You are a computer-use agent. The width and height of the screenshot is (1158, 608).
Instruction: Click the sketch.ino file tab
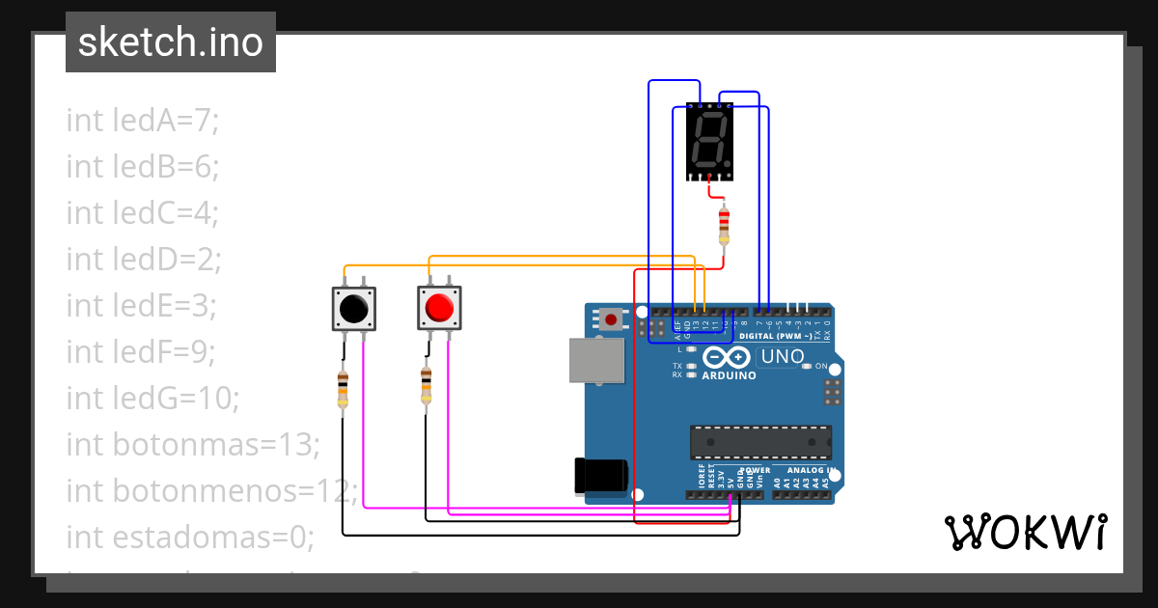pos(171,42)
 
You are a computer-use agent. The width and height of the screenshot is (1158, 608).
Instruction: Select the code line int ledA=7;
pos(143,121)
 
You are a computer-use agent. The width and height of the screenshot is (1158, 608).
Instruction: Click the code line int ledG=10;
pos(152,397)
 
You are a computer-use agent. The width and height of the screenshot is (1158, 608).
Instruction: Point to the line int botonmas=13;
pos(192,444)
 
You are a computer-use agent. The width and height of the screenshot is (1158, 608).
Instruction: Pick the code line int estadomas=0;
pos(190,537)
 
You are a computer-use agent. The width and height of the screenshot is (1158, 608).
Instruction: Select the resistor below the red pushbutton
pos(426,386)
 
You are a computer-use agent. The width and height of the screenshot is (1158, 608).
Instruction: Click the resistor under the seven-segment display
pos(724,225)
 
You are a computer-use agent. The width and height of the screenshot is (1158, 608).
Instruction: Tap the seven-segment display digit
pos(710,141)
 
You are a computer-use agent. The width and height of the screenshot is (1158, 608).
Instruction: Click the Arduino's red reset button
pos(611,318)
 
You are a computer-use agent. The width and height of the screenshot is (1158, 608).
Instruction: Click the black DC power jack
pos(600,475)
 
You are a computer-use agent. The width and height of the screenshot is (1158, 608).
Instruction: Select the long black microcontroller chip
pos(760,441)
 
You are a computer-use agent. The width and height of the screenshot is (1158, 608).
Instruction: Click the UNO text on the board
pos(783,356)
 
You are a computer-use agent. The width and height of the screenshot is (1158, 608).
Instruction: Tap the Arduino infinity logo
pos(729,356)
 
